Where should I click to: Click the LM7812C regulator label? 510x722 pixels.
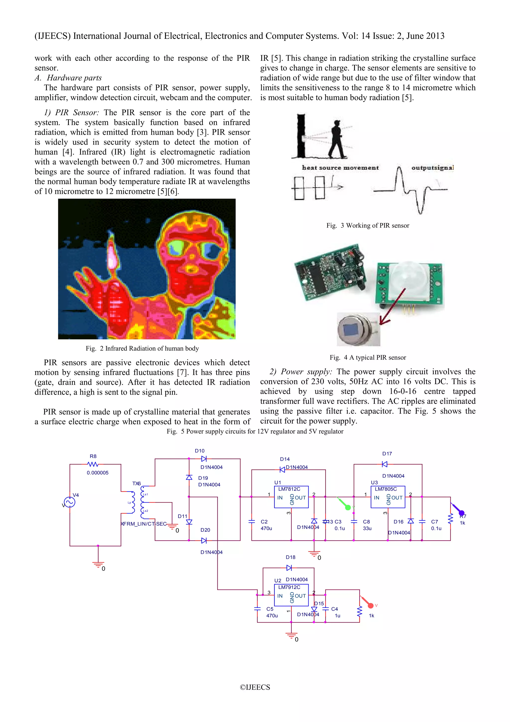[x=289, y=489]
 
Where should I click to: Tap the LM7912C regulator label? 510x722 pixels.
[x=289, y=587]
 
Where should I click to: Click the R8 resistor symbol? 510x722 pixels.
[x=93, y=464]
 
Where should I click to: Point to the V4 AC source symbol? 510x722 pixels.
[x=69, y=502]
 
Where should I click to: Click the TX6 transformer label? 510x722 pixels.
[x=136, y=483]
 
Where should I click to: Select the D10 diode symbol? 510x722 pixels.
[x=204, y=459]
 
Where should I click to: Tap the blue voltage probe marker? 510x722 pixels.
[x=461, y=513]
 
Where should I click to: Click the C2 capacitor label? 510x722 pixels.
[x=264, y=522]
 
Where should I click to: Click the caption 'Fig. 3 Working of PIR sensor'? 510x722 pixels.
[x=368, y=225]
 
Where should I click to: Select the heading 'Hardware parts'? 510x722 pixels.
[x=74, y=78]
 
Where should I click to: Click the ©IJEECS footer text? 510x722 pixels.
[x=255, y=687]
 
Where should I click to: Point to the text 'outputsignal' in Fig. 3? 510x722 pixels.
[x=432, y=168]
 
